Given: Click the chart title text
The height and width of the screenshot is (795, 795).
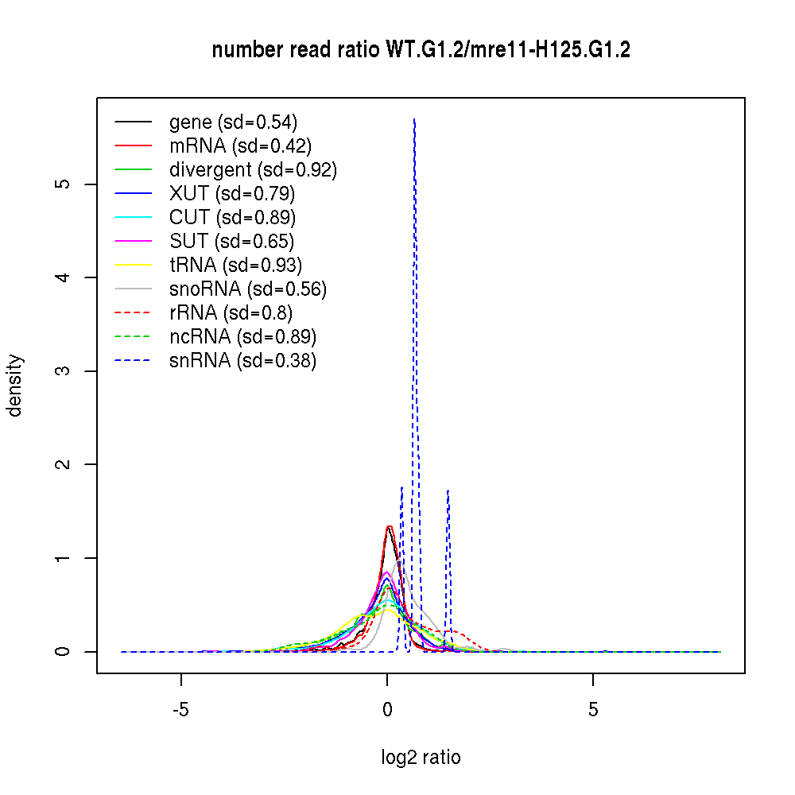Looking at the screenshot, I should pos(421,51).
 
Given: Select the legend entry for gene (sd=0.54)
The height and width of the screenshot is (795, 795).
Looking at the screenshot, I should pos(233,122).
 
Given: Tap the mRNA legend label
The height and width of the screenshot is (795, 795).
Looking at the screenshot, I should pos(240,146).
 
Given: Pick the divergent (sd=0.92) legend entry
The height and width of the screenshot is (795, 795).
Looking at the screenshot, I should pos(253,170).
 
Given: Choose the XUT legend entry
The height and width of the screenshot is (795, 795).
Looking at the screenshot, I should pos(232,194).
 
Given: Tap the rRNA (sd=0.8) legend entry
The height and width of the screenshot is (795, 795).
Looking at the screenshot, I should pos(231,313).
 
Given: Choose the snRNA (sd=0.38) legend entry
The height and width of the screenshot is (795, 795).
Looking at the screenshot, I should pos(242,361).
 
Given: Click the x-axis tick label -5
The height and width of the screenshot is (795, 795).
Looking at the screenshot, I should pos(181,710).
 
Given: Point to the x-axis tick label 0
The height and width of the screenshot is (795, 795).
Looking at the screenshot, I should pos(387,710).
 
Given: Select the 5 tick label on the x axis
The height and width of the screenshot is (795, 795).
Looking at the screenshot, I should pos(593,710).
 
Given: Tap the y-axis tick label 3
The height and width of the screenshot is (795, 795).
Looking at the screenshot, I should pos(66,371).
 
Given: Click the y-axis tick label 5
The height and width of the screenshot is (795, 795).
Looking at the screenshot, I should pos(66,184).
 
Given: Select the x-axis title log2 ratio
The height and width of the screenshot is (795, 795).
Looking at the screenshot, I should pos(421,758).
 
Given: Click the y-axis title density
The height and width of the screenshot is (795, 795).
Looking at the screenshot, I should pos(15,386).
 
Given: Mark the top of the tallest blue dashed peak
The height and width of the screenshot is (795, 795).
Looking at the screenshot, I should pos(414,119).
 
